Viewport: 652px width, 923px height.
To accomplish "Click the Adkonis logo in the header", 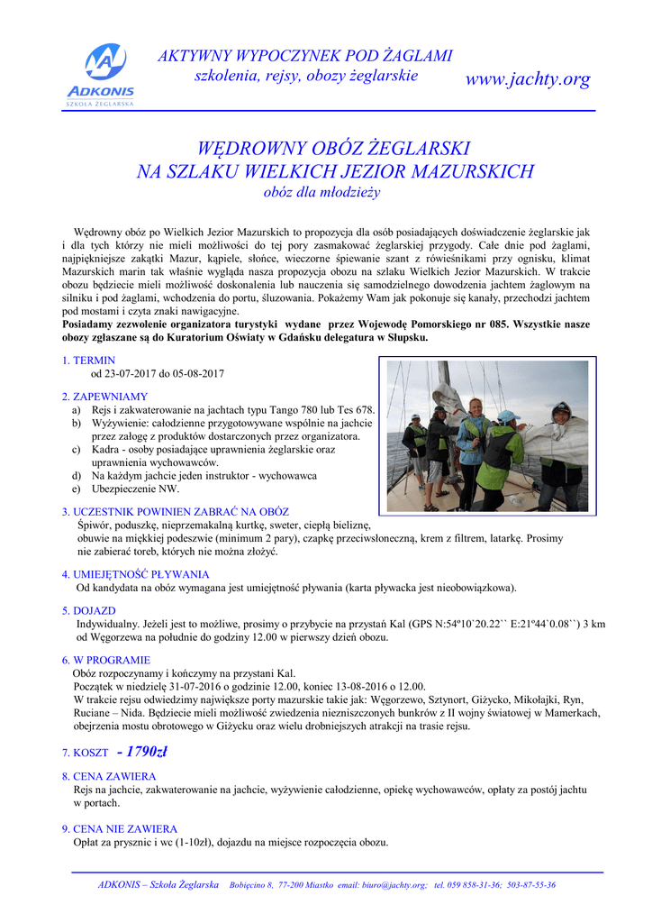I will point(100,74).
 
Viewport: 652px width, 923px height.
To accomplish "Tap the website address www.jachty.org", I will point(527,79).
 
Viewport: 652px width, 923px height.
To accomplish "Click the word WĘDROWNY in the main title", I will point(253,149).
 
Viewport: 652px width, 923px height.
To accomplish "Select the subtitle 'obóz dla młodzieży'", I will point(321,192).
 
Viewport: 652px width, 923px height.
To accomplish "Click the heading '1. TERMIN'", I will point(89,361).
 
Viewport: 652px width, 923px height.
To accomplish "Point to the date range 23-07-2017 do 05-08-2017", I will point(158,373).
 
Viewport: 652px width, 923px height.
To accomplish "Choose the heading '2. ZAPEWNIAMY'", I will point(104,397).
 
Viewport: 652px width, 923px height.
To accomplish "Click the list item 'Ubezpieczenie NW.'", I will point(135,489).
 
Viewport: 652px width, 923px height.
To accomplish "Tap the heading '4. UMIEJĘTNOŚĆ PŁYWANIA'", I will point(135,574).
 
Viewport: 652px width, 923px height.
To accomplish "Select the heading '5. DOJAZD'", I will point(89,610).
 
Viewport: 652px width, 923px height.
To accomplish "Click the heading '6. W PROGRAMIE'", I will point(105,660).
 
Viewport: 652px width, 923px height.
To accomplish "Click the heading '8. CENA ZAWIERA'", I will point(109,776).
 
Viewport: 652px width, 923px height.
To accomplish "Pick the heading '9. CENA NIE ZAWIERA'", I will point(120,828).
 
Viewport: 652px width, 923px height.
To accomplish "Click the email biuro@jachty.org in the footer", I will point(382,885).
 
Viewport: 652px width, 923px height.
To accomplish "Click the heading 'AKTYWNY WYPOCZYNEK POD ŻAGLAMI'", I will point(305,56).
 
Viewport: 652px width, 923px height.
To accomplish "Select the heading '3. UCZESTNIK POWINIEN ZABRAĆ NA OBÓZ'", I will point(175,512).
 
